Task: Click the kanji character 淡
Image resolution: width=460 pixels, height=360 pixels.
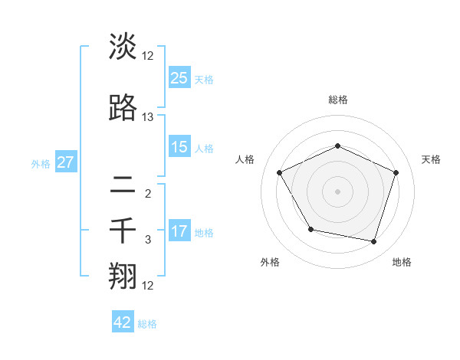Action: tap(123, 47)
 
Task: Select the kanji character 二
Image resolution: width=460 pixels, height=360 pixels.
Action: tap(123, 184)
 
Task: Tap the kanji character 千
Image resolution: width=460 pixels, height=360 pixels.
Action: tap(123, 231)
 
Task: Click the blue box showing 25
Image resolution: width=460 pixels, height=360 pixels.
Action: tap(179, 78)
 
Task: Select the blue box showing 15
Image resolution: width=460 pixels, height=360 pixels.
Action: tap(179, 147)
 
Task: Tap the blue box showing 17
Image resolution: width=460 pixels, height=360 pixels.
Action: tap(179, 231)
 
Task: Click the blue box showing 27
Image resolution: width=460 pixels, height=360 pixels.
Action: tap(65, 162)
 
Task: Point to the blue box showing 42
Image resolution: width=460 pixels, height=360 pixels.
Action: tap(123, 322)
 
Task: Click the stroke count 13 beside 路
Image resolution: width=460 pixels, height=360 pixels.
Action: tap(148, 117)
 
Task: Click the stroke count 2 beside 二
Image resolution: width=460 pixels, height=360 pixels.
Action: tap(148, 193)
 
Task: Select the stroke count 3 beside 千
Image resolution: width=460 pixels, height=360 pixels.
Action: tap(148, 240)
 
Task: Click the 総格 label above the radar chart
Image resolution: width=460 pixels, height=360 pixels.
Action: tap(337, 100)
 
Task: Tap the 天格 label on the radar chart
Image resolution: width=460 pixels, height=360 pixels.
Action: tap(431, 159)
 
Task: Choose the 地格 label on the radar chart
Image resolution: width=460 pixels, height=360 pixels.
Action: tap(402, 262)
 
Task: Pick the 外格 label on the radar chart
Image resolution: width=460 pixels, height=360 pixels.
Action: tap(270, 262)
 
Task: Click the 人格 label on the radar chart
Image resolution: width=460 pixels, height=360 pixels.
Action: tap(245, 159)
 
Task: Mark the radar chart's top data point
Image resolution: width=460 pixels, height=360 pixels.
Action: tap(337, 146)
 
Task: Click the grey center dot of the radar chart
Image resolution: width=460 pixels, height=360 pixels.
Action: tap(337, 191)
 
